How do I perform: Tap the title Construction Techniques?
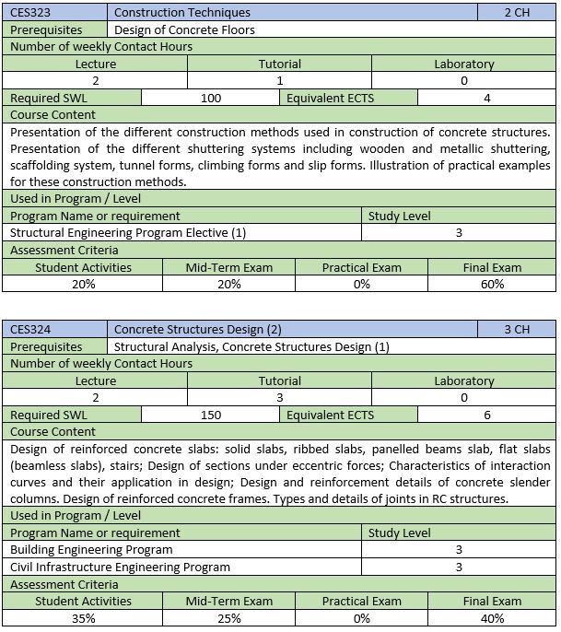(181, 13)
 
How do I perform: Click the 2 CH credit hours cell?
(517, 13)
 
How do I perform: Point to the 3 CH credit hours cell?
(517, 329)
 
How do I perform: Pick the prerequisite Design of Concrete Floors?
(184, 29)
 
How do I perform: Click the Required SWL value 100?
(211, 98)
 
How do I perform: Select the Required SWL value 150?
(211, 415)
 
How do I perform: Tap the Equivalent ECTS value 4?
(486, 98)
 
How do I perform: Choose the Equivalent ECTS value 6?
(486, 415)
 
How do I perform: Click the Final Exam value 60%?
(492, 285)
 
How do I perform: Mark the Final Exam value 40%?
(492, 618)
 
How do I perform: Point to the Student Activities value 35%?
(83, 618)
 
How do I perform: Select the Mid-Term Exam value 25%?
(229, 618)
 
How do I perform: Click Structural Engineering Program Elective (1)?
(128, 233)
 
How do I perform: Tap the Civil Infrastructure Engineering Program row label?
(120, 567)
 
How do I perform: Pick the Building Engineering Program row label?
(91, 549)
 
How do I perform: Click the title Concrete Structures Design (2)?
(198, 329)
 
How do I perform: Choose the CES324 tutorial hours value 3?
(279, 397)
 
